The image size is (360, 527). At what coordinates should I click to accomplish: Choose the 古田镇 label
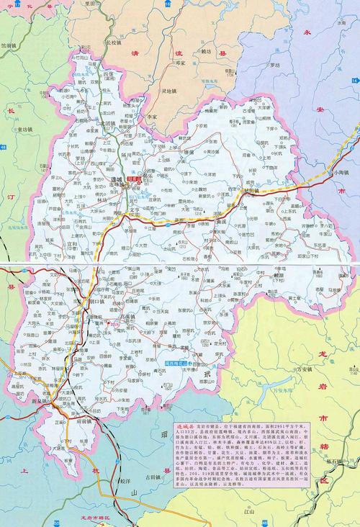pyautogui.click(x=153, y=478)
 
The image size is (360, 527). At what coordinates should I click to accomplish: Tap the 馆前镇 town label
pyautogui.click(x=16, y=43)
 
